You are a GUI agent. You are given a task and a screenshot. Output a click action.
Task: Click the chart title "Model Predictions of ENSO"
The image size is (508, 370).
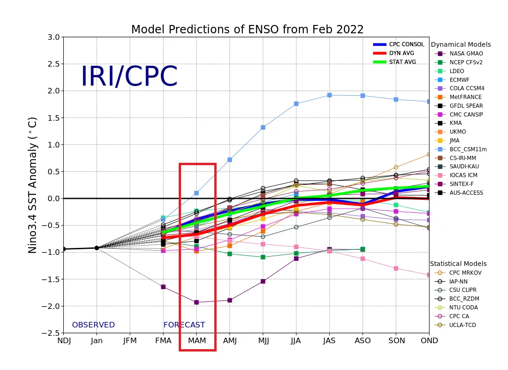coord(247,30)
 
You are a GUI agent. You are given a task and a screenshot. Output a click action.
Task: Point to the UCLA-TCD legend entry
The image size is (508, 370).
coord(463,325)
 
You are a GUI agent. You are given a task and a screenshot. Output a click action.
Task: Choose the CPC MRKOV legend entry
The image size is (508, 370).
coord(465,273)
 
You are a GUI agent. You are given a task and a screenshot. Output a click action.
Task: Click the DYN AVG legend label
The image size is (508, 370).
coord(402,53)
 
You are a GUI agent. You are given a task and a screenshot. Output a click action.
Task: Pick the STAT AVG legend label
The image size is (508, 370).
coord(403,62)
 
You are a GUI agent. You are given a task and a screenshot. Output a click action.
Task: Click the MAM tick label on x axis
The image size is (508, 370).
coord(197,341)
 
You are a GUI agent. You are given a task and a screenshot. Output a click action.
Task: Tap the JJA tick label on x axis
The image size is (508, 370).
coord(296,341)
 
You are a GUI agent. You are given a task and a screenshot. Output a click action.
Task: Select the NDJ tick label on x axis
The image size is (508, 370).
coord(64,341)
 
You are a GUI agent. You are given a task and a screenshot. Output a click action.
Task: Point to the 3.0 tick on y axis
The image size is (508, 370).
coord(54,37)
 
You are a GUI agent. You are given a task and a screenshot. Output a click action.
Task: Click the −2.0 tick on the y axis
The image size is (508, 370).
coord(52,306)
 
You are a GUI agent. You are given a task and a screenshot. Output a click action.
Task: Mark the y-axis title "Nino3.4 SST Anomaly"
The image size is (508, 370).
coord(33,185)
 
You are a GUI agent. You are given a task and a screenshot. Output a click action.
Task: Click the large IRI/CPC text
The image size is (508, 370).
coord(129,77)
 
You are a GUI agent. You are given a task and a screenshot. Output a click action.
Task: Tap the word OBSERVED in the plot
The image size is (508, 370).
coord(93,325)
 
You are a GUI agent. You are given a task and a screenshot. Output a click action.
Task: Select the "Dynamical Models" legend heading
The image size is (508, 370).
coord(460,45)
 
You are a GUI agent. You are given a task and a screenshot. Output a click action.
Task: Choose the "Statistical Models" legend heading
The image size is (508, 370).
coord(458,264)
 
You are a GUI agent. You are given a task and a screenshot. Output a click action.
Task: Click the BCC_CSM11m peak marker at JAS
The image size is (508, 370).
coord(329,95)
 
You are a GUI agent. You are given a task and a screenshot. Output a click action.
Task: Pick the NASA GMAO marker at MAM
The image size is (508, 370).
coord(196,302)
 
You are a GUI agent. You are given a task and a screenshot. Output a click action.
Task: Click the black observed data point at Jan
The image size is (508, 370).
coord(97,248)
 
